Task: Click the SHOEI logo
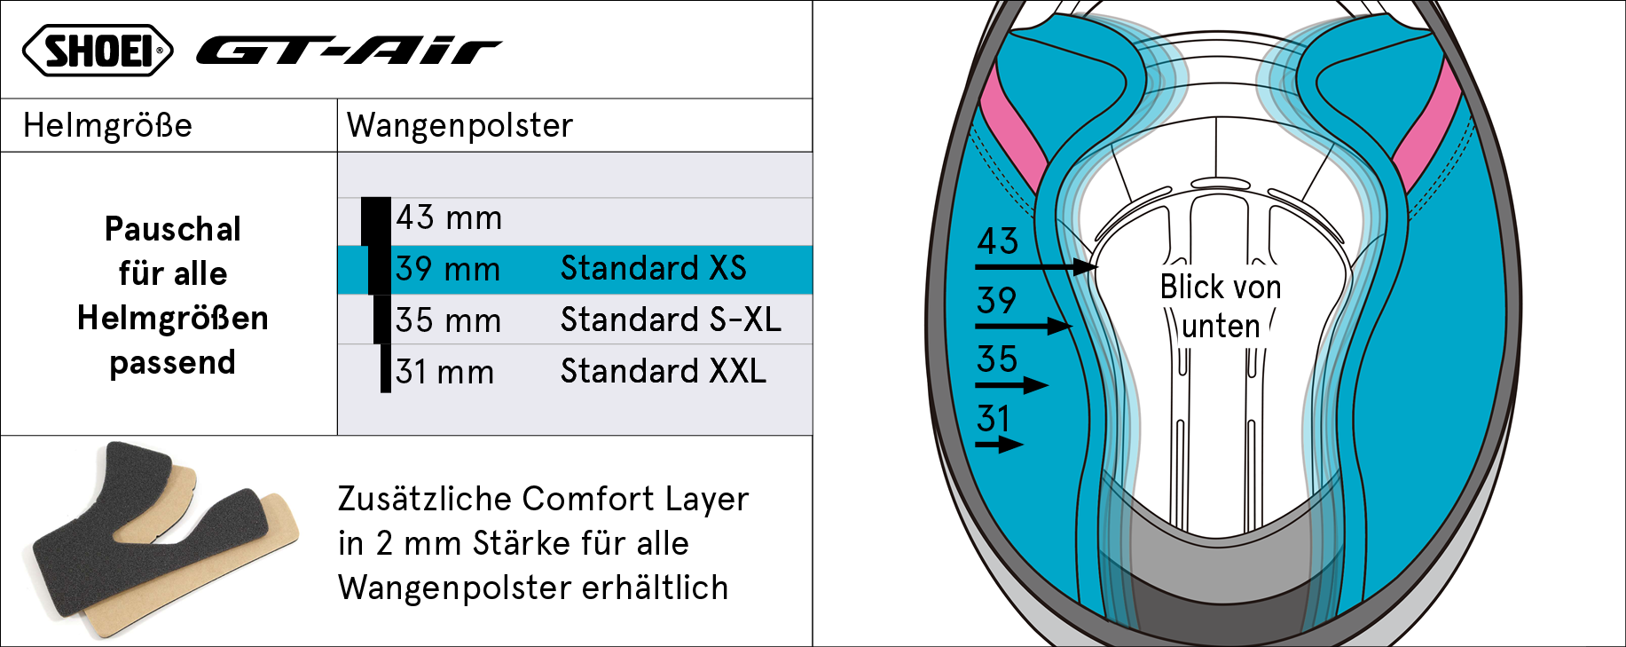pos(98,50)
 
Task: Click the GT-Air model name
pos(349,51)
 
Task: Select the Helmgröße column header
pos(107,125)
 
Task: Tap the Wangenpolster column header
pos(460,125)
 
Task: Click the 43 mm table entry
pos(449,217)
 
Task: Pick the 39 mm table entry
pos(448,269)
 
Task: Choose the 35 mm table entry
pos(448,320)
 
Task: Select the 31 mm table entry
pos(444,372)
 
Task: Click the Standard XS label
pos(654,268)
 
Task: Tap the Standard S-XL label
pos(671,320)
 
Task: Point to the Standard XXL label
pos(664,371)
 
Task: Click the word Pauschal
pos(173,229)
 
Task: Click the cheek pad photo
pos(166,540)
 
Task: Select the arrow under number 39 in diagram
pos(1025,326)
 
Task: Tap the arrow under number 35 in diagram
pos(1012,385)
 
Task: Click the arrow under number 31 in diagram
pos(1000,445)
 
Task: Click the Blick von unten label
pos(1221,306)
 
